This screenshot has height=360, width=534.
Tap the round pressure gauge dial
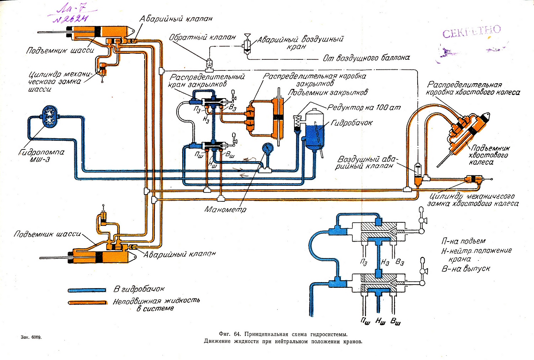pos(267,148)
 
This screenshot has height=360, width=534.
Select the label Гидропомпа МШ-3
pos(42,155)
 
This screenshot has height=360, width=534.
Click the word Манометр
pos(225,210)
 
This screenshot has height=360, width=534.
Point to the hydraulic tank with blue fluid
pos(314,130)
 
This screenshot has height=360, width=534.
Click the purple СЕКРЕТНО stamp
pos(471,32)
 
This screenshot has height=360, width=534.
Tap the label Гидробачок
pos(351,123)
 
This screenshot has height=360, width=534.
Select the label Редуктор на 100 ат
pos(364,107)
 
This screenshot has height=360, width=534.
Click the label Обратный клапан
pos(202,37)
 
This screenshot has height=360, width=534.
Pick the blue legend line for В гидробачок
pos(87,290)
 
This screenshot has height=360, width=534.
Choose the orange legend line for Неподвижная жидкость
pos(87,302)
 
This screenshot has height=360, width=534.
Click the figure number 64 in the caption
pos(238,334)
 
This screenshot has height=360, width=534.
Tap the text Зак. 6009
pos(31,337)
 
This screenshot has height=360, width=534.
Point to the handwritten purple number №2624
pos(70,18)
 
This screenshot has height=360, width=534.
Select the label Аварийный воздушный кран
pos(300,42)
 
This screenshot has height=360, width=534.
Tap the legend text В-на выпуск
pos(466,269)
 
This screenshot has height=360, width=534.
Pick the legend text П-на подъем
pos(463,241)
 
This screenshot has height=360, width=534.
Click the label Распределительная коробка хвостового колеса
pos(472,89)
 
